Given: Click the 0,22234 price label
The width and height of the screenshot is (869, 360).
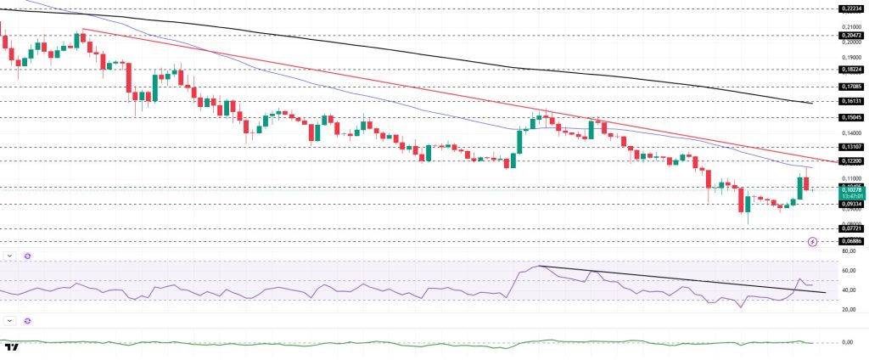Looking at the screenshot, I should (x=851, y=8).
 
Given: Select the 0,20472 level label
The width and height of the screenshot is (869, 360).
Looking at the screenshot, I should (x=851, y=36).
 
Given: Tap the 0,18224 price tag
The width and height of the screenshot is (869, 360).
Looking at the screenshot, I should (x=851, y=70).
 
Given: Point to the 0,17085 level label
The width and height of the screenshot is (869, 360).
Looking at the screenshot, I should (x=851, y=86).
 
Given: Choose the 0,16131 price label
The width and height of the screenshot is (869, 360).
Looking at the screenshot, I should (x=851, y=100).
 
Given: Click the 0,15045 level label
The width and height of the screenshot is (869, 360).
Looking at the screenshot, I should (x=851, y=117).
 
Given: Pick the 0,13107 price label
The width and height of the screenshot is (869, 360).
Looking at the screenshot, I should (x=851, y=146).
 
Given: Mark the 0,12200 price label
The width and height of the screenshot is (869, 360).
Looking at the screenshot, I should (x=851, y=160).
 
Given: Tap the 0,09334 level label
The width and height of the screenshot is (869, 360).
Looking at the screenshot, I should (x=851, y=204).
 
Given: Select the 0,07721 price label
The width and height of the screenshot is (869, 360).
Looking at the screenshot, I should (x=851, y=228).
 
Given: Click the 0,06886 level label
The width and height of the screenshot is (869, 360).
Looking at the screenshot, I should (x=851, y=241).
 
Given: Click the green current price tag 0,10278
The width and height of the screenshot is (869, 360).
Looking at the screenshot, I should (x=851, y=191).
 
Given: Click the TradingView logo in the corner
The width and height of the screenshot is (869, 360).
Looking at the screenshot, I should (x=12, y=347).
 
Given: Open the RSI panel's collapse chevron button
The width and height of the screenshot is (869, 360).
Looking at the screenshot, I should (x=9, y=256).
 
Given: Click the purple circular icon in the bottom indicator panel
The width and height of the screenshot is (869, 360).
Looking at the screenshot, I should (x=27, y=320).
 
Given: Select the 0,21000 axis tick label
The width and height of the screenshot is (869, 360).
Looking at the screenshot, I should (x=851, y=26).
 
